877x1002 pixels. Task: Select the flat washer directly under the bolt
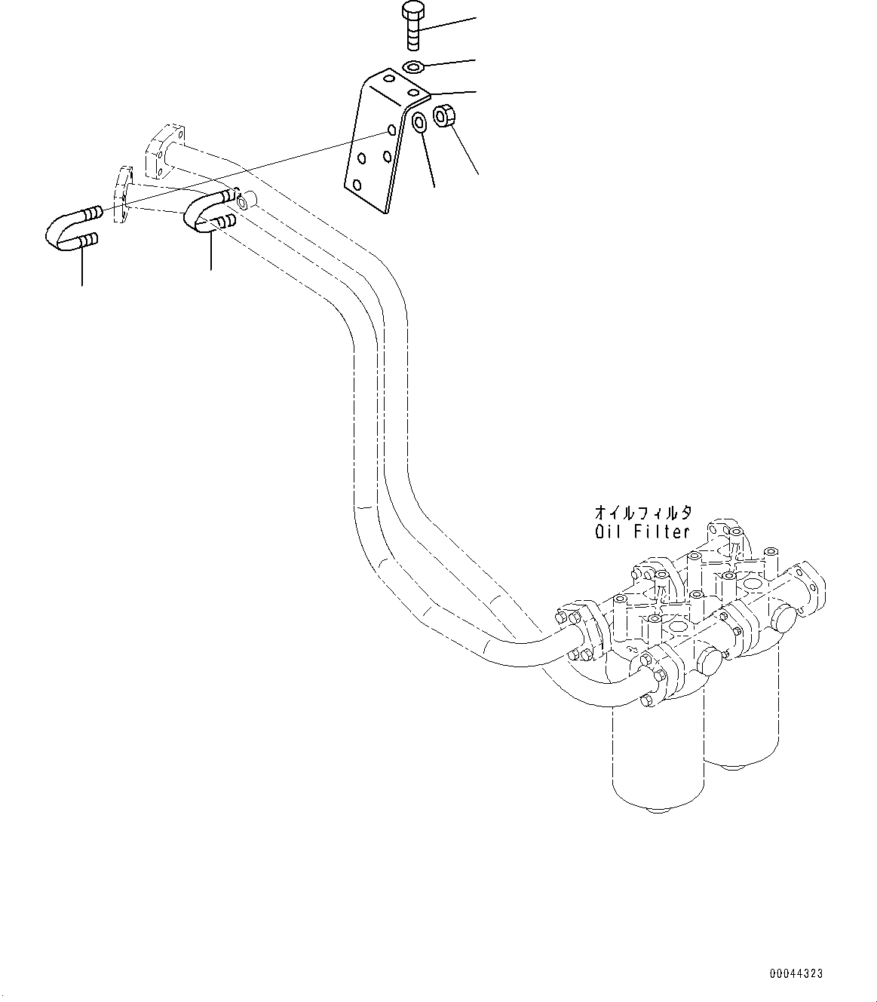(413, 68)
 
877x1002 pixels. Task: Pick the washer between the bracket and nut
(419, 121)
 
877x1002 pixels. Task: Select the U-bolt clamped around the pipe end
(205, 211)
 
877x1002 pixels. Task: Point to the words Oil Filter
(642, 532)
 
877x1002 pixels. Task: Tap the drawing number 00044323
(796, 973)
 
